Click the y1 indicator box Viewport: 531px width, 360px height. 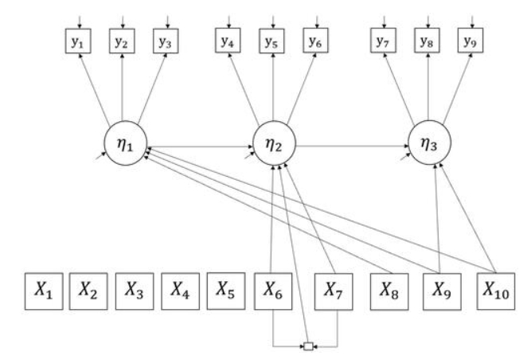78,41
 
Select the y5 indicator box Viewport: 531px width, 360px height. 273,41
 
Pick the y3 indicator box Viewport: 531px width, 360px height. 165,41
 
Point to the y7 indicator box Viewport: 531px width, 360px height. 384,41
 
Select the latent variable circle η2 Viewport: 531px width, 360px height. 273,145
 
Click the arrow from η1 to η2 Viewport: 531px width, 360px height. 199,146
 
